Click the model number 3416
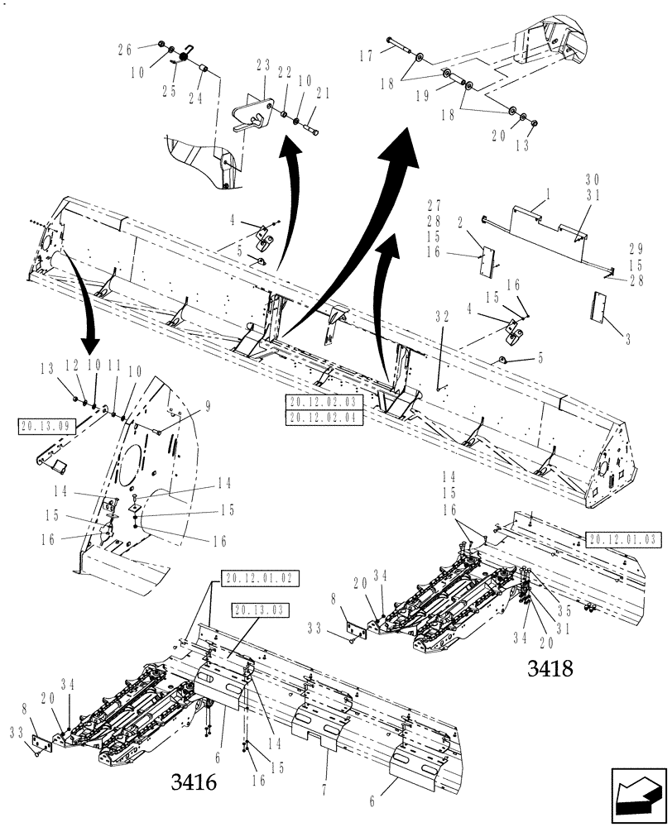click(195, 781)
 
